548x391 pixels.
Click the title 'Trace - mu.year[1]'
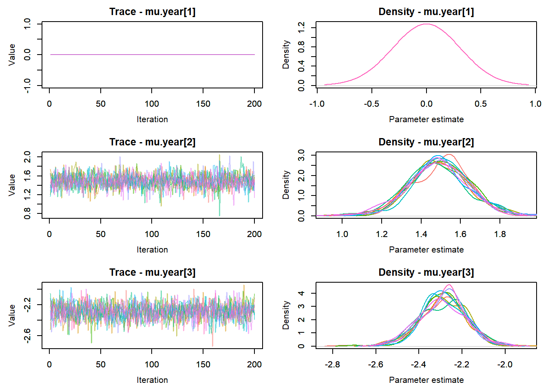click(152, 12)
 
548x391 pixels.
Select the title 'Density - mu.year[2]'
click(426, 142)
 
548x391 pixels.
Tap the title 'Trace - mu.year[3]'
click(152, 272)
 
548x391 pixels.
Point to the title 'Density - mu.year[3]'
click(426, 272)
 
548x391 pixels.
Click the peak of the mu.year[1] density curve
click(426, 24)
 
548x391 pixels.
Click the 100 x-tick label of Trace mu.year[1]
click(152, 104)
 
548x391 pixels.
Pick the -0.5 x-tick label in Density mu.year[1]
click(371, 104)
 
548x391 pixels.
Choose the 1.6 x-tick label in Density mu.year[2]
click(460, 234)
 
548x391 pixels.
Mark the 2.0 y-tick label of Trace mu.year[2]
click(27, 157)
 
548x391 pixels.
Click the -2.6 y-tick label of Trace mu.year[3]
click(27, 336)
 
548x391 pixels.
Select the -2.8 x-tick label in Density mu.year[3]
click(333, 365)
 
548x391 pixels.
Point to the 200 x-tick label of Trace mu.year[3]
click(254, 365)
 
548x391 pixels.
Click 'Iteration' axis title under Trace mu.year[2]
click(152, 250)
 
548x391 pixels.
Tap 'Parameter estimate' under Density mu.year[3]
click(426, 380)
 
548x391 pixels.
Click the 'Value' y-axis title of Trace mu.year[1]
click(12, 55)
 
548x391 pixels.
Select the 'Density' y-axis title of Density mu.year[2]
click(286, 185)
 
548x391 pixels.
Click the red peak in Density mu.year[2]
click(449, 155)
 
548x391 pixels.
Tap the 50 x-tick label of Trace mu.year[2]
click(101, 234)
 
